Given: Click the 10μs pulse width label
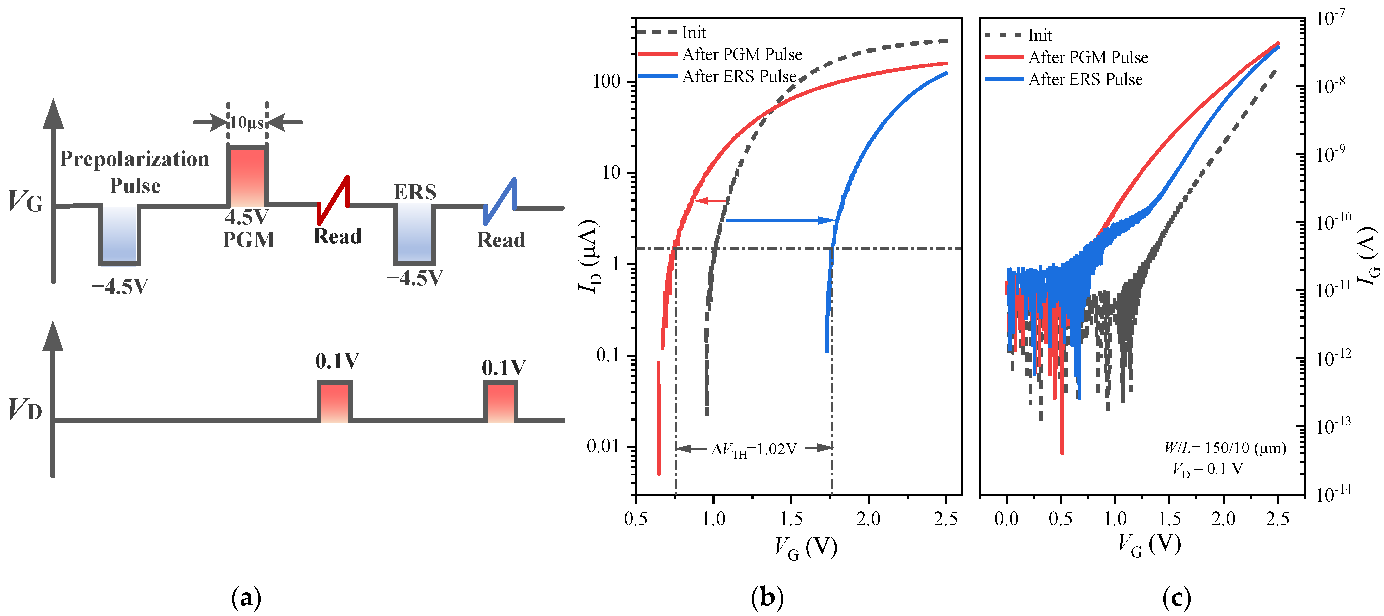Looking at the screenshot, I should click(246, 123).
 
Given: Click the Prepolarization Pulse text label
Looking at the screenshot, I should click(134, 172).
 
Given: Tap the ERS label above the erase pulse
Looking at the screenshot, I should click(415, 192).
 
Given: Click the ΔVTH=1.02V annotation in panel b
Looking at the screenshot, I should click(754, 449).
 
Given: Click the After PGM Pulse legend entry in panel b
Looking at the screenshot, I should click(741, 54).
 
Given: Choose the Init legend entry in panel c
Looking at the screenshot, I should click(1039, 36).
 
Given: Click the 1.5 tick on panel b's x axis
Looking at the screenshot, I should click(791, 519).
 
